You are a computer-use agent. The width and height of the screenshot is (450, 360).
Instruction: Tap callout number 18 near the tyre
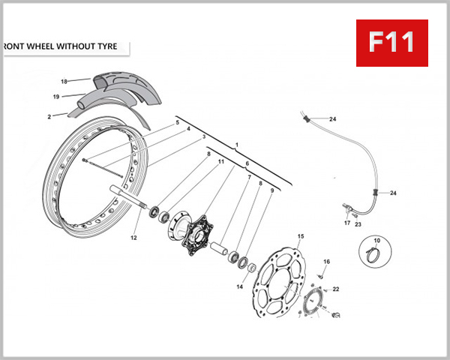pos(64,81)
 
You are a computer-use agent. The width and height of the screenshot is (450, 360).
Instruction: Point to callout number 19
pos(56,97)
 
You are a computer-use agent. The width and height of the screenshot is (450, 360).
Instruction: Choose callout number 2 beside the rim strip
pos(49,116)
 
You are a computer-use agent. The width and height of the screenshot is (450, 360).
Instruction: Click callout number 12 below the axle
pos(134,238)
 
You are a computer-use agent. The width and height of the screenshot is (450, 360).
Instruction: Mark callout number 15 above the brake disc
pos(300,236)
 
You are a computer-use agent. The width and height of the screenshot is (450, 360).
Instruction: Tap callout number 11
pos(220,162)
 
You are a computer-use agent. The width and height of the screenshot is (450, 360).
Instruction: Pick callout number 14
pos(240,286)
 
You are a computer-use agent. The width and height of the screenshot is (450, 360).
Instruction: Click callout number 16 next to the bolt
pos(326,262)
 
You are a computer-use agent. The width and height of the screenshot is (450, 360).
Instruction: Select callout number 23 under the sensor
pos(358,223)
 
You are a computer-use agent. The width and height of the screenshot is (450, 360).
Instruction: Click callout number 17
pos(347,223)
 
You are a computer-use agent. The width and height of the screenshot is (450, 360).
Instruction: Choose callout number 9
pos(271,190)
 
